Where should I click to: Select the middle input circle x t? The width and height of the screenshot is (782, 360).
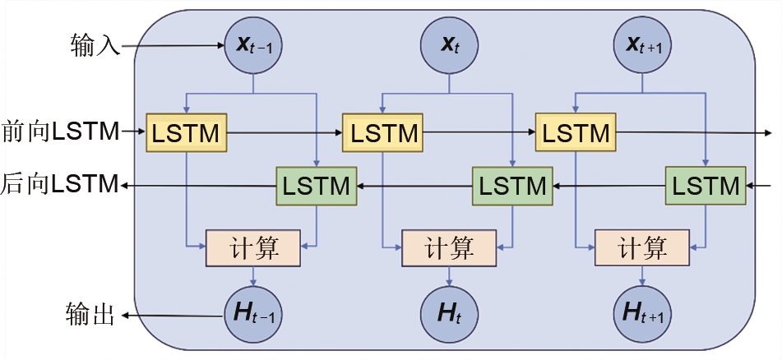pos(448,44)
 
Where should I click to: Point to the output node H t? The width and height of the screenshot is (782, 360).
pos(448,314)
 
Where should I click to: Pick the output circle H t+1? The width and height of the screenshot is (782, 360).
pos(642,314)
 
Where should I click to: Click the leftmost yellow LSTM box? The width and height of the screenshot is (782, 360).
pos(187,132)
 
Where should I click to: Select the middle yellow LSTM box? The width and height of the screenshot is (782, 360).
pos(382,132)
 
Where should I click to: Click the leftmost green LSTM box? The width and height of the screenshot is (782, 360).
pos(317,186)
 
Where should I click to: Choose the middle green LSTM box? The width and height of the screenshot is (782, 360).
pos(511,186)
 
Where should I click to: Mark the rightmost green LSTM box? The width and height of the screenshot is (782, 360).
pos(705,186)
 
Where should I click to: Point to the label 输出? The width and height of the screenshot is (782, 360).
pos(89,315)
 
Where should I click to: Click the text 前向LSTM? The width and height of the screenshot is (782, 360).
pos(60,130)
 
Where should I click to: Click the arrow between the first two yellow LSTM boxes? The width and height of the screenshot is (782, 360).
pos(284,132)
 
